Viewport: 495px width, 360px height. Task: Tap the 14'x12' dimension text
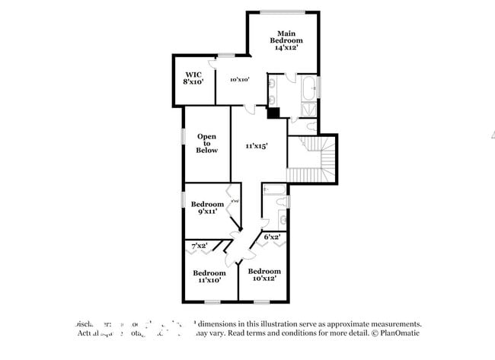(x=286, y=47)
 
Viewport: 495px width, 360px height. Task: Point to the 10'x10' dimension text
(x=240, y=78)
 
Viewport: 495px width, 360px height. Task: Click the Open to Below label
(x=206, y=143)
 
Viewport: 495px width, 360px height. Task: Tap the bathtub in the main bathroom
(x=310, y=88)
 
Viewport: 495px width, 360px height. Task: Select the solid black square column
(x=273, y=113)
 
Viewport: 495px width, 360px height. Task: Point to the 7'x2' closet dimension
(x=200, y=246)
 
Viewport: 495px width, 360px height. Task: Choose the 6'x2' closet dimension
(x=272, y=237)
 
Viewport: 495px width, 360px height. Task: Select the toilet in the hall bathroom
(x=283, y=201)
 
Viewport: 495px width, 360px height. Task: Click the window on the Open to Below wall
(x=183, y=135)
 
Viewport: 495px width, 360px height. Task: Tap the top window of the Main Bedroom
(x=283, y=11)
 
